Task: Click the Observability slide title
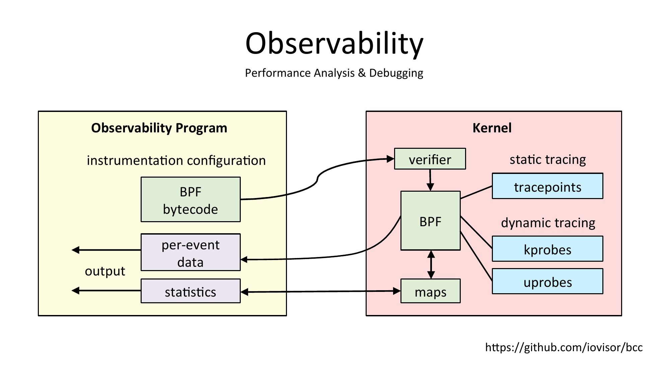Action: click(x=334, y=44)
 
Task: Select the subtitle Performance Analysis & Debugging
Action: click(x=334, y=73)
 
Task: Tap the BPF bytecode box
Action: click(x=191, y=200)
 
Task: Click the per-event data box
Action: click(x=191, y=252)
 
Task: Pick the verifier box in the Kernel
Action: click(x=430, y=159)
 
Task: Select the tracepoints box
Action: click(x=547, y=186)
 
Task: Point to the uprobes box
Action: click(x=547, y=282)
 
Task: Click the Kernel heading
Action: click(x=492, y=128)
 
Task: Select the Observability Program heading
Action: click(x=159, y=128)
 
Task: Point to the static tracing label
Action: click(x=548, y=160)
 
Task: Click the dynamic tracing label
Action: click(x=548, y=223)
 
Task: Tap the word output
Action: click(x=105, y=271)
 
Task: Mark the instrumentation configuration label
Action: click(x=176, y=161)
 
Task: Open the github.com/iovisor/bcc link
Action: click(x=564, y=348)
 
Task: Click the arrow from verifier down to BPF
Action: click(x=430, y=180)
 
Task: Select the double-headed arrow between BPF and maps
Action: click(x=431, y=264)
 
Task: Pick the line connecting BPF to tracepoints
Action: click(x=476, y=192)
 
